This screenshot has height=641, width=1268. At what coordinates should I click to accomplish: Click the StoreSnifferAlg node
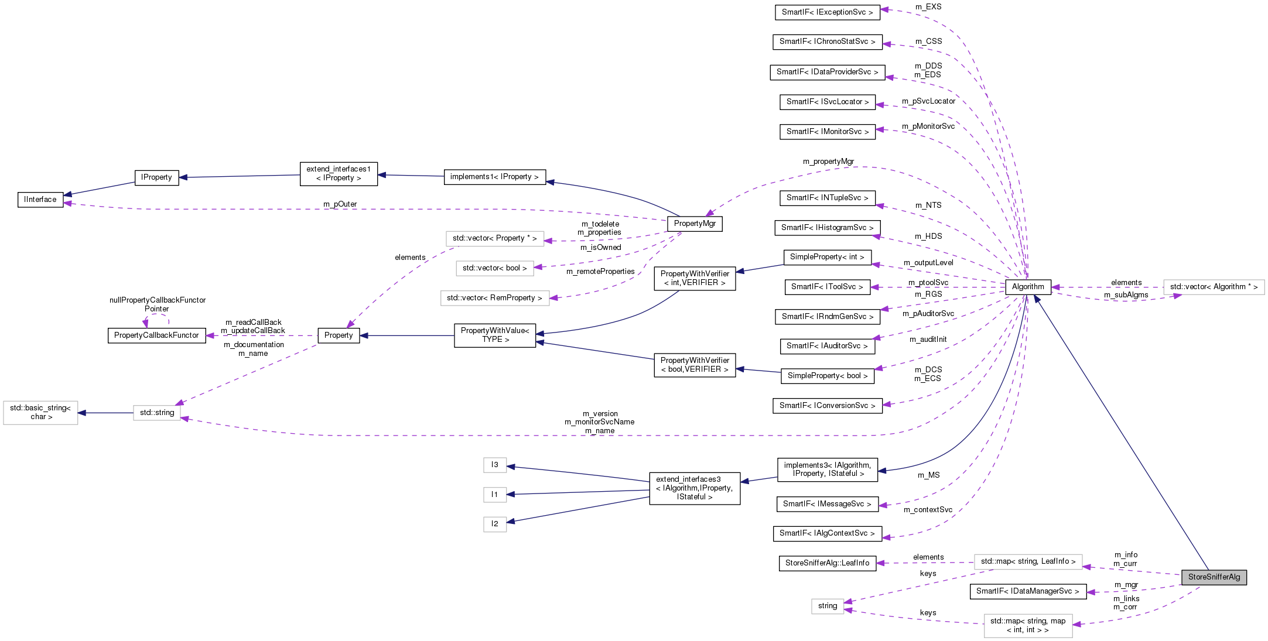(1214, 577)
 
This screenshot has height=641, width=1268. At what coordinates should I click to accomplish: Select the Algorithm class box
(1027, 287)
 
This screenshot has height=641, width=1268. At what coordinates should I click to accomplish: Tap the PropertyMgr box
(695, 224)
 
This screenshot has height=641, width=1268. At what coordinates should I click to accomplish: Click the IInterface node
(40, 200)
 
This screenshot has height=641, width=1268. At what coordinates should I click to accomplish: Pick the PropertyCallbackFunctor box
(156, 335)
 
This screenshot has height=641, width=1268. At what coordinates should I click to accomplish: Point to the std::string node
(157, 413)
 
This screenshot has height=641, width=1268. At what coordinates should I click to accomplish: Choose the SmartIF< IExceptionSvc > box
(827, 12)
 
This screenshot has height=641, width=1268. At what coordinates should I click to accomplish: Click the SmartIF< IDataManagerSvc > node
(1027, 591)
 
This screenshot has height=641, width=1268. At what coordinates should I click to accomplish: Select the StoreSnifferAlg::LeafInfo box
(827, 563)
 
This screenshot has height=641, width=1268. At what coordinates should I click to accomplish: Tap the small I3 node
(495, 465)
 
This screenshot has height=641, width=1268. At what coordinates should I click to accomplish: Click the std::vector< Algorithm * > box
(1214, 287)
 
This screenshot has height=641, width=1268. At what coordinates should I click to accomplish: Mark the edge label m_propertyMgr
(828, 162)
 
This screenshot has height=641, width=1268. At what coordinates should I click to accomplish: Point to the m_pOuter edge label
(340, 204)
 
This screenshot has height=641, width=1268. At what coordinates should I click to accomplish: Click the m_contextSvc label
(928, 510)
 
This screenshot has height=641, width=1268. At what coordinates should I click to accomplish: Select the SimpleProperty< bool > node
(827, 376)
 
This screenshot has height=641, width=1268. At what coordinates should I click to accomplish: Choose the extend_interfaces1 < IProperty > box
(339, 174)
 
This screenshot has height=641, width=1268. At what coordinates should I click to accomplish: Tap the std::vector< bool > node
(494, 268)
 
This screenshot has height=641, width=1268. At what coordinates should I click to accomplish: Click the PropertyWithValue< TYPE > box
(494, 335)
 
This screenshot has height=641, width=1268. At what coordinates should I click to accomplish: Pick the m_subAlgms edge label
(1126, 295)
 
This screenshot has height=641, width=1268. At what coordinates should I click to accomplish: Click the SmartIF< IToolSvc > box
(827, 287)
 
